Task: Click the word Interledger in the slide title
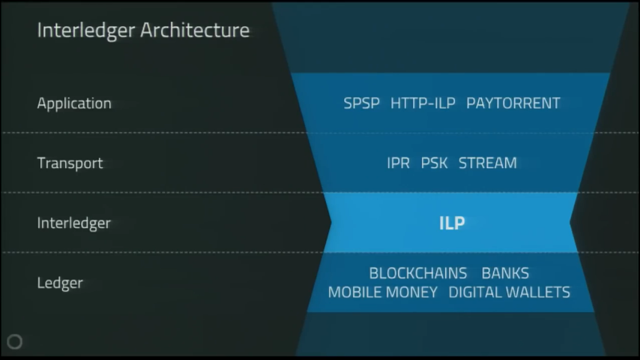point(86,31)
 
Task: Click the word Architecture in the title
point(195,30)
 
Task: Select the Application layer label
point(74,103)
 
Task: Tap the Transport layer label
point(70,163)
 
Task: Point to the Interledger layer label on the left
point(74,223)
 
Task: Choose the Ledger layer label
point(60,283)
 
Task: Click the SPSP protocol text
point(362,103)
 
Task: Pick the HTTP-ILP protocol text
point(423,103)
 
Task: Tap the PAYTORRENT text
point(513,103)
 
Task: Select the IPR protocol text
point(399,163)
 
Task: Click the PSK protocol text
point(435,163)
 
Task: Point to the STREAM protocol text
point(488,163)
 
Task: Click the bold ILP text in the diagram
point(452,223)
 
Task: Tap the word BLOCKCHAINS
point(418,273)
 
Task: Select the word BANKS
point(505,273)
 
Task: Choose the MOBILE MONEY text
point(383,292)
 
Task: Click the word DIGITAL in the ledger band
point(475,292)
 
